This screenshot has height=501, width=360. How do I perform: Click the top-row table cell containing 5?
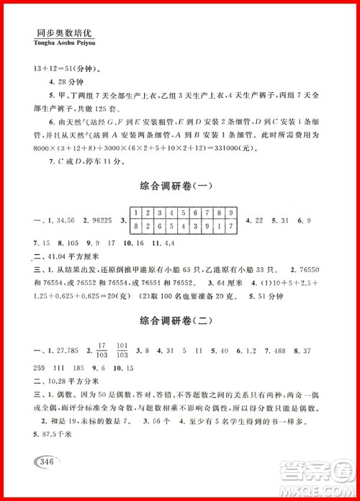click(x=184, y=214)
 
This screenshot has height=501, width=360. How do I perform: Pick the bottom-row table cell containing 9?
click(x=208, y=226)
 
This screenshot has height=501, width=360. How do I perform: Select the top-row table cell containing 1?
click(x=135, y=214)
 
